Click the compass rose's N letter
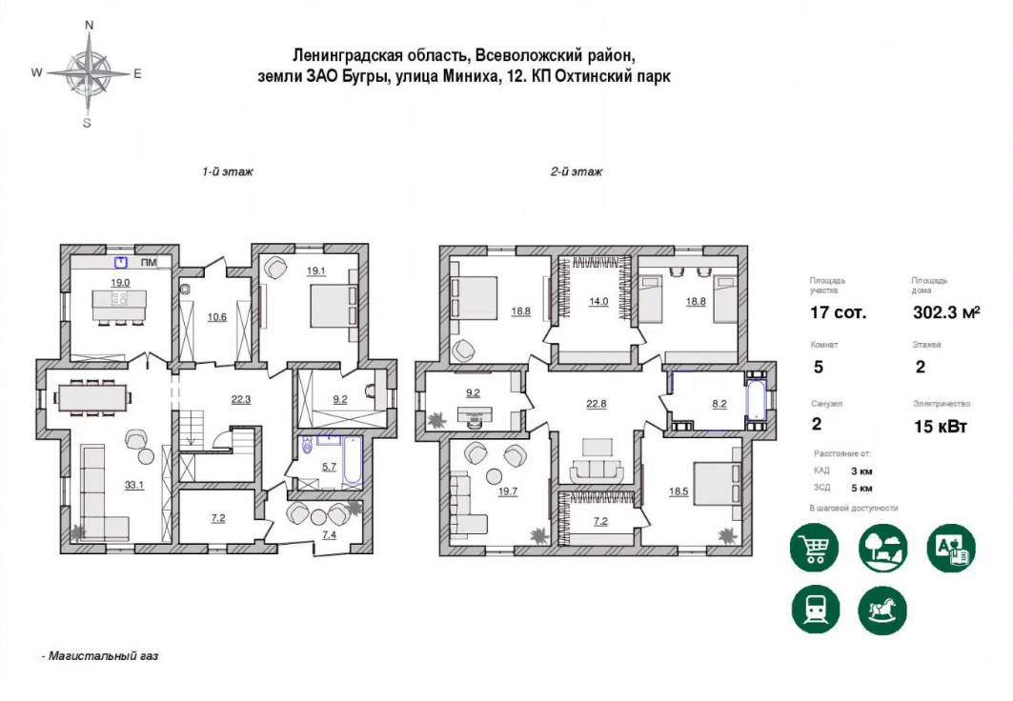coord(90,25)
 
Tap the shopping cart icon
coord(814,548)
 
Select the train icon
coord(816,610)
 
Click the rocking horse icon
coord(882,610)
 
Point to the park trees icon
coord(883,548)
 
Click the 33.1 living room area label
coord(134,485)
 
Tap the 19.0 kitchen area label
coord(120,283)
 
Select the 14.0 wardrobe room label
coord(598,301)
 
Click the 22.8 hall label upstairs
coord(597,404)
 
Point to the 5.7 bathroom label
coord(330,467)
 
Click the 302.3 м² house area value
coord(946,312)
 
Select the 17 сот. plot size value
coord(838,313)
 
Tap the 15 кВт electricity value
coord(940,426)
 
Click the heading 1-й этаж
coord(228,171)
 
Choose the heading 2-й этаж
coord(577,171)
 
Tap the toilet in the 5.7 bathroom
coord(308,445)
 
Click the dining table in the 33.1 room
coord(92,397)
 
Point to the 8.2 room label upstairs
coord(719,404)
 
